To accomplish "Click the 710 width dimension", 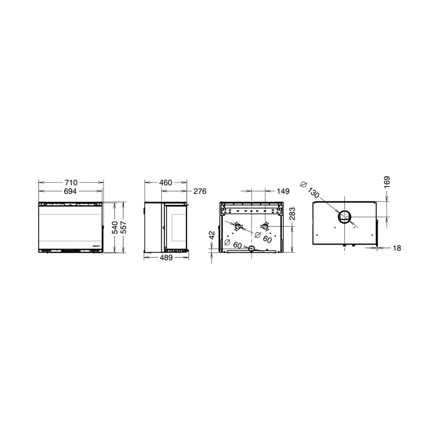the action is [x=71, y=182].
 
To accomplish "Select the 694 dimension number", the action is [x=70, y=192].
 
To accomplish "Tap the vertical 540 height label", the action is [x=115, y=228].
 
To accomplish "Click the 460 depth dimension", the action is [x=166, y=182].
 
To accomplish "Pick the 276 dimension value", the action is [x=200, y=192].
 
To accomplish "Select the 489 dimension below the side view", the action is [x=166, y=258].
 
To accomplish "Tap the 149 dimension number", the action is [x=283, y=192].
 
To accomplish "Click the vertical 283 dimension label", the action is [x=292, y=214].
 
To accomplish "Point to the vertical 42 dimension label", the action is [x=212, y=235].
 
